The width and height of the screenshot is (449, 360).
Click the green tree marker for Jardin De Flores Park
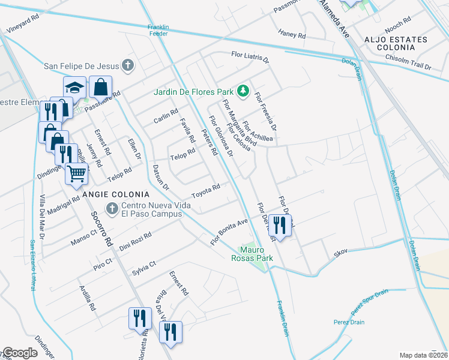tap(243, 91)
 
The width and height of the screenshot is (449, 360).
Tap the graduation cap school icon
tap(75, 88)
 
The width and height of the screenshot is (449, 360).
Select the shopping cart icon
tap(76, 174)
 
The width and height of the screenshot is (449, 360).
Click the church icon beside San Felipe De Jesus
tap(127, 65)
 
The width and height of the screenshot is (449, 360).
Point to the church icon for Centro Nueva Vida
tap(111, 208)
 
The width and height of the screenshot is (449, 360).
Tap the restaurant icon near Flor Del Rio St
tap(279, 225)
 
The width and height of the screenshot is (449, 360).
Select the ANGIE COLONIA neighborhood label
tap(116, 194)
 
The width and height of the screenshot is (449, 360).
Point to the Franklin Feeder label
tap(159, 30)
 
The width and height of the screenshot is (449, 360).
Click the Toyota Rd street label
tap(206, 191)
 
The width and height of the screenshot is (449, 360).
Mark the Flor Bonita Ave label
tap(229, 231)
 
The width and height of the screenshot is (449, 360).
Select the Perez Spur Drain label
tap(369, 301)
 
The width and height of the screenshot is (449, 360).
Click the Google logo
tap(20, 352)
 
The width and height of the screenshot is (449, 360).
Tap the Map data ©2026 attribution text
tap(423, 355)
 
